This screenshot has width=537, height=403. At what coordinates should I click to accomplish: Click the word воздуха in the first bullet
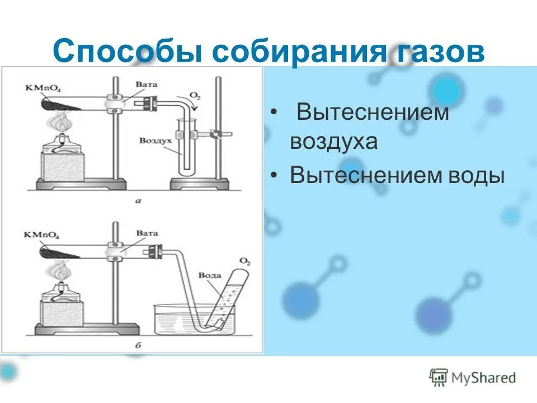[334, 141]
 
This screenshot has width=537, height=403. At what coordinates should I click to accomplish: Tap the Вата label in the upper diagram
[147, 84]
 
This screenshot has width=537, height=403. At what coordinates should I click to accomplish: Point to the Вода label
[210, 275]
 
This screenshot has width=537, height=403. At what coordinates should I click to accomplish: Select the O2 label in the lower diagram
[244, 260]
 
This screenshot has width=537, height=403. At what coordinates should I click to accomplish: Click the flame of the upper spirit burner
[60, 122]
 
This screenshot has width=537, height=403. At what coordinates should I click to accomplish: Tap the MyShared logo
[472, 377]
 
